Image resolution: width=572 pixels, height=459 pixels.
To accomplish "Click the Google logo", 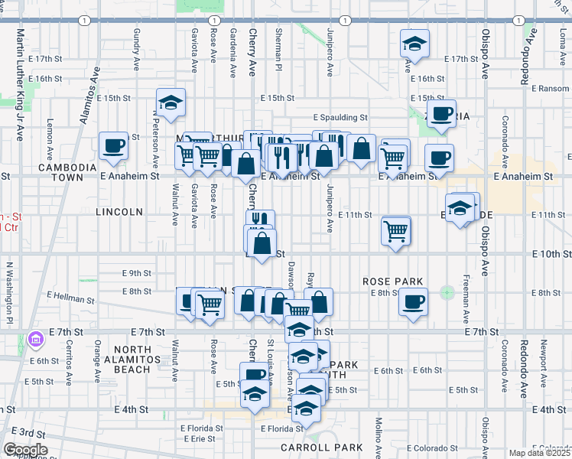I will click(x=25, y=450).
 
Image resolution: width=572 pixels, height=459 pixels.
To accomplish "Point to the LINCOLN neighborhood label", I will click(x=120, y=211).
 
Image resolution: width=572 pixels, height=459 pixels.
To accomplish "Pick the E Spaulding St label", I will click(x=341, y=118).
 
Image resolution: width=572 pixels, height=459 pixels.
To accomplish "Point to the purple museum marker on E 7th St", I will click(x=34, y=338).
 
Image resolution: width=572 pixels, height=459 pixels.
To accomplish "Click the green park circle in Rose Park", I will click(x=447, y=292).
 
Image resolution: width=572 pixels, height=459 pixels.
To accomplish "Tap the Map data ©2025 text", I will click(x=539, y=453).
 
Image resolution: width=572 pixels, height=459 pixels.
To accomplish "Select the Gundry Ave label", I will click(x=138, y=47).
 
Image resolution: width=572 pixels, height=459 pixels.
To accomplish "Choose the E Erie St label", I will click(x=201, y=438).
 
